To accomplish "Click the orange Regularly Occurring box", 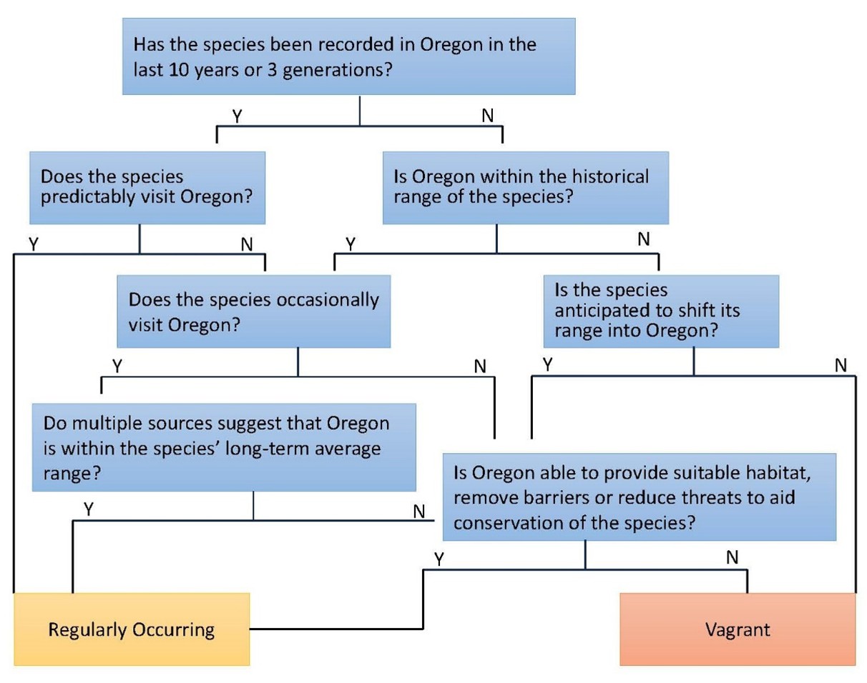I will pyautogui.click(x=132, y=629).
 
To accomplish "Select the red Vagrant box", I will pyautogui.click(x=738, y=629).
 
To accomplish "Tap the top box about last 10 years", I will pyautogui.click(x=348, y=56).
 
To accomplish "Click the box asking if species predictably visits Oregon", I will pyautogui.click(x=147, y=187).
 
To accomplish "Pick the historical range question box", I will pyautogui.click(x=525, y=187).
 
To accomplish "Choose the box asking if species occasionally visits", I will pyautogui.click(x=255, y=311).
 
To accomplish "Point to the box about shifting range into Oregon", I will pyautogui.click(x=660, y=311).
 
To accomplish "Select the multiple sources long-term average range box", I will pyautogui.click(x=223, y=447).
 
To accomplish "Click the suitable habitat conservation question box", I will pyautogui.click(x=640, y=497).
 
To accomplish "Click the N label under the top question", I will pyautogui.click(x=487, y=115).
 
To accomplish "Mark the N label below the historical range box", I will pyautogui.click(x=644, y=240).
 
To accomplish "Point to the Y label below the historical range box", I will pyautogui.click(x=351, y=244).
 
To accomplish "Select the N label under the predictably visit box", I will pyautogui.click(x=247, y=244).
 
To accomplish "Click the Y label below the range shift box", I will pyautogui.click(x=547, y=365).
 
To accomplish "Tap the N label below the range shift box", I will pyautogui.click(x=841, y=366).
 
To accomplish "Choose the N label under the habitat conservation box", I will pyautogui.click(x=732, y=558).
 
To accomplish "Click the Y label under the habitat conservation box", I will pyautogui.click(x=439, y=559).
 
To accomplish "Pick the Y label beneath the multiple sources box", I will pyautogui.click(x=89, y=509).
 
